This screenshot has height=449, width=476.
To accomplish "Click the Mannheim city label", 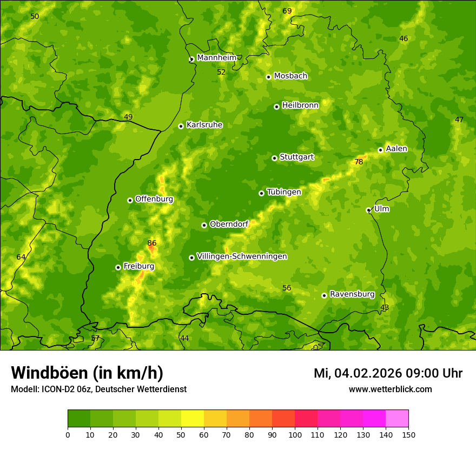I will [217, 58].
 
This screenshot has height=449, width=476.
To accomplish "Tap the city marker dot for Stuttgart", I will [274, 158].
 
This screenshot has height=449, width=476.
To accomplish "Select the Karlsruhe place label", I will [204, 125].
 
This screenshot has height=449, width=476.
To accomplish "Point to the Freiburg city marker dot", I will [118, 267].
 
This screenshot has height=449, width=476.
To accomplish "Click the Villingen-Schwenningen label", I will [242, 256].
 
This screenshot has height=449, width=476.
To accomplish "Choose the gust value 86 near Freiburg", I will [152, 243].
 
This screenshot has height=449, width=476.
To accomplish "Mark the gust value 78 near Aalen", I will [359, 162].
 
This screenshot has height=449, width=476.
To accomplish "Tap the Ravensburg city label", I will [352, 294].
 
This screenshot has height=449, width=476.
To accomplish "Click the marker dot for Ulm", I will [368, 210].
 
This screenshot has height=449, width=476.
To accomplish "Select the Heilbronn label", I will [300, 105].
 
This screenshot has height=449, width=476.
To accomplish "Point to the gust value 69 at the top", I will [287, 11].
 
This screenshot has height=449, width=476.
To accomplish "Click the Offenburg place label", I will [154, 199].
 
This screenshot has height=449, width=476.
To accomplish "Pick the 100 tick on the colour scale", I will [295, 434].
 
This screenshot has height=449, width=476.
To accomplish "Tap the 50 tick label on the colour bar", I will [181, 434].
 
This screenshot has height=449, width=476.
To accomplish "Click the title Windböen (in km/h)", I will [87, 373].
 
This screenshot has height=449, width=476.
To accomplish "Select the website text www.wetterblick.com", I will [390, 389].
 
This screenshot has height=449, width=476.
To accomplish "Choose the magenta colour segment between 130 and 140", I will [374, 418].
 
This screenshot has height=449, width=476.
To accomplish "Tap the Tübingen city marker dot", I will [261, 193].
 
